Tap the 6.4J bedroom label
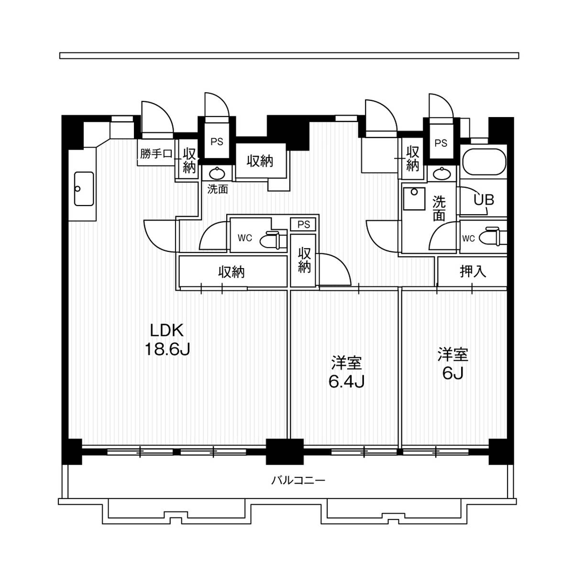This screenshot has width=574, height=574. [346, 372]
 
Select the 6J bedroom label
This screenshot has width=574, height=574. [453, 364]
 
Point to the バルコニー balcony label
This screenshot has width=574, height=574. [298, 480]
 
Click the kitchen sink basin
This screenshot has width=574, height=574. [84, 189]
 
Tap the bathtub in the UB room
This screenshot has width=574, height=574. [484, 163]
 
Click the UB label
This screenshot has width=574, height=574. [484, 200]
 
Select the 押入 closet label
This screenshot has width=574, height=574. [473, 271]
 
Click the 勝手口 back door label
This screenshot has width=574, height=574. [156, 154]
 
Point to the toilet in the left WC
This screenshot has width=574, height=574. [270, 240]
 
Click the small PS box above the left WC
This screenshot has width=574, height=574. [304, 224]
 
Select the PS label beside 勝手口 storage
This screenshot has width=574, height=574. [217, 142]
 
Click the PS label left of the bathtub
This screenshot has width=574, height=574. [441, 143]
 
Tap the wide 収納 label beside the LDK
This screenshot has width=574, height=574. [232, 272]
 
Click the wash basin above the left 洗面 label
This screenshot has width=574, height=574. [217, 173]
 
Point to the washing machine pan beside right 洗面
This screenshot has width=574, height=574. [414, 199]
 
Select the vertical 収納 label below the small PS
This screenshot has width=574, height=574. [304, 260]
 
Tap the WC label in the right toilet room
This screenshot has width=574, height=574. [468, 238]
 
